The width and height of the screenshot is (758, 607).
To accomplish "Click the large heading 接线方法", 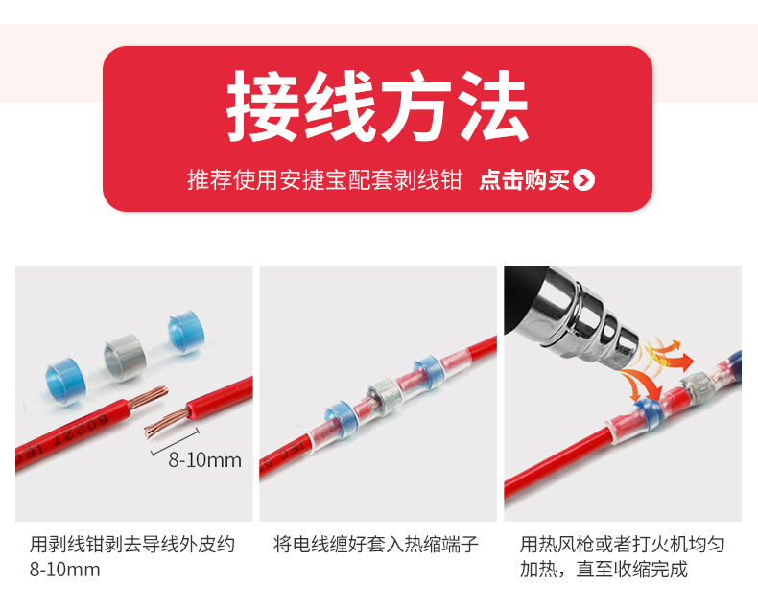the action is coord(377,106).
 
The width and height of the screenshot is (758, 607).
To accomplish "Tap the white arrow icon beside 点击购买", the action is coord(583,180).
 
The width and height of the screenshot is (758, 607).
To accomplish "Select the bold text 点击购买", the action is coord(524,180).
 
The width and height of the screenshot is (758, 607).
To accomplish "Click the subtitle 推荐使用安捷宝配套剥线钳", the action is coord(325,180).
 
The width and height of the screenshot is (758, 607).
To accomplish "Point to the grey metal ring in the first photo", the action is coord(125,357).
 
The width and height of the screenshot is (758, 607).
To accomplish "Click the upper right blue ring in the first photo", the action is coord(186,332).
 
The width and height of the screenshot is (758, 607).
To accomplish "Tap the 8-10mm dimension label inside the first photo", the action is coord(204,460).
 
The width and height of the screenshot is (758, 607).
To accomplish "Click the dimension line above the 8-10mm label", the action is coord(175,442).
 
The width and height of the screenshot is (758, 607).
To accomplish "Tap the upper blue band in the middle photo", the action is coord(429,370).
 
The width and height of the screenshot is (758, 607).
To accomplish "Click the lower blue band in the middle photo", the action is coord(341,418).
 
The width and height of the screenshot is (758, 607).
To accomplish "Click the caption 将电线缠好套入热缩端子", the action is coord(375,544).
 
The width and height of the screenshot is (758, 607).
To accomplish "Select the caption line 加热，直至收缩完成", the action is coord(604,570).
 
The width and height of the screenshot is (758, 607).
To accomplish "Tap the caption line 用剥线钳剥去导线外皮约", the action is coord(132,544).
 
